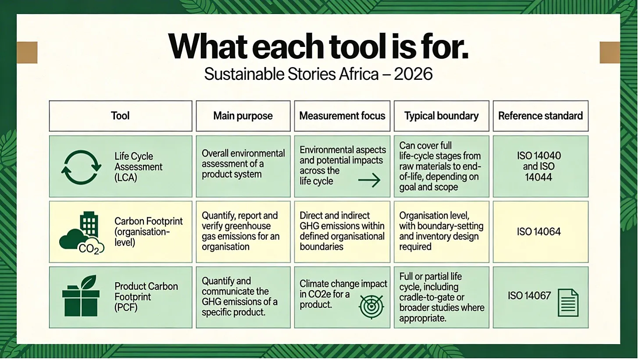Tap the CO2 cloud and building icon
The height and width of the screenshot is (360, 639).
click(82, 233)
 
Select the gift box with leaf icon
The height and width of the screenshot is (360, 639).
click(81, 296)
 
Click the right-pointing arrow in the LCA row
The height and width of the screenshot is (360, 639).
click(369, 180)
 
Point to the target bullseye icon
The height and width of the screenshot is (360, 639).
click(371, 307)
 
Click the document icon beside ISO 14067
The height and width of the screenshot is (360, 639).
click(568, 303)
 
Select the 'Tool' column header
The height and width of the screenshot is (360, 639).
click(120, 116)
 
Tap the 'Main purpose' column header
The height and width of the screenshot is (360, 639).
click(243, 116)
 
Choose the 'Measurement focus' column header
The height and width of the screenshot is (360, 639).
click(342, 116)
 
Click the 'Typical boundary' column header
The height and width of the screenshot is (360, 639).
click(441, 116)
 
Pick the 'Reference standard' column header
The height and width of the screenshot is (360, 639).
click(540, 116)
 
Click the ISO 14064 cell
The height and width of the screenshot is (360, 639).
click(540, 232)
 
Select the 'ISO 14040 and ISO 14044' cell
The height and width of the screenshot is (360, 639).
click(540, 166)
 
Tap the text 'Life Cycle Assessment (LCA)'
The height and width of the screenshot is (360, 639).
click(138, 167)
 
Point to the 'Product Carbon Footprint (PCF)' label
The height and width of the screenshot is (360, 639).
click(146, 297)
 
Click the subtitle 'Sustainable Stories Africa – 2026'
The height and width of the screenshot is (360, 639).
click(318, 74)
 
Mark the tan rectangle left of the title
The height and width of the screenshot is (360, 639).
click(27, 53)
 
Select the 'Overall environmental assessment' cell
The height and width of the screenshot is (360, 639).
click(243, 166)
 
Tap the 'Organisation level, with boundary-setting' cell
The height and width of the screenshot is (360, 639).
click(441, 232)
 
